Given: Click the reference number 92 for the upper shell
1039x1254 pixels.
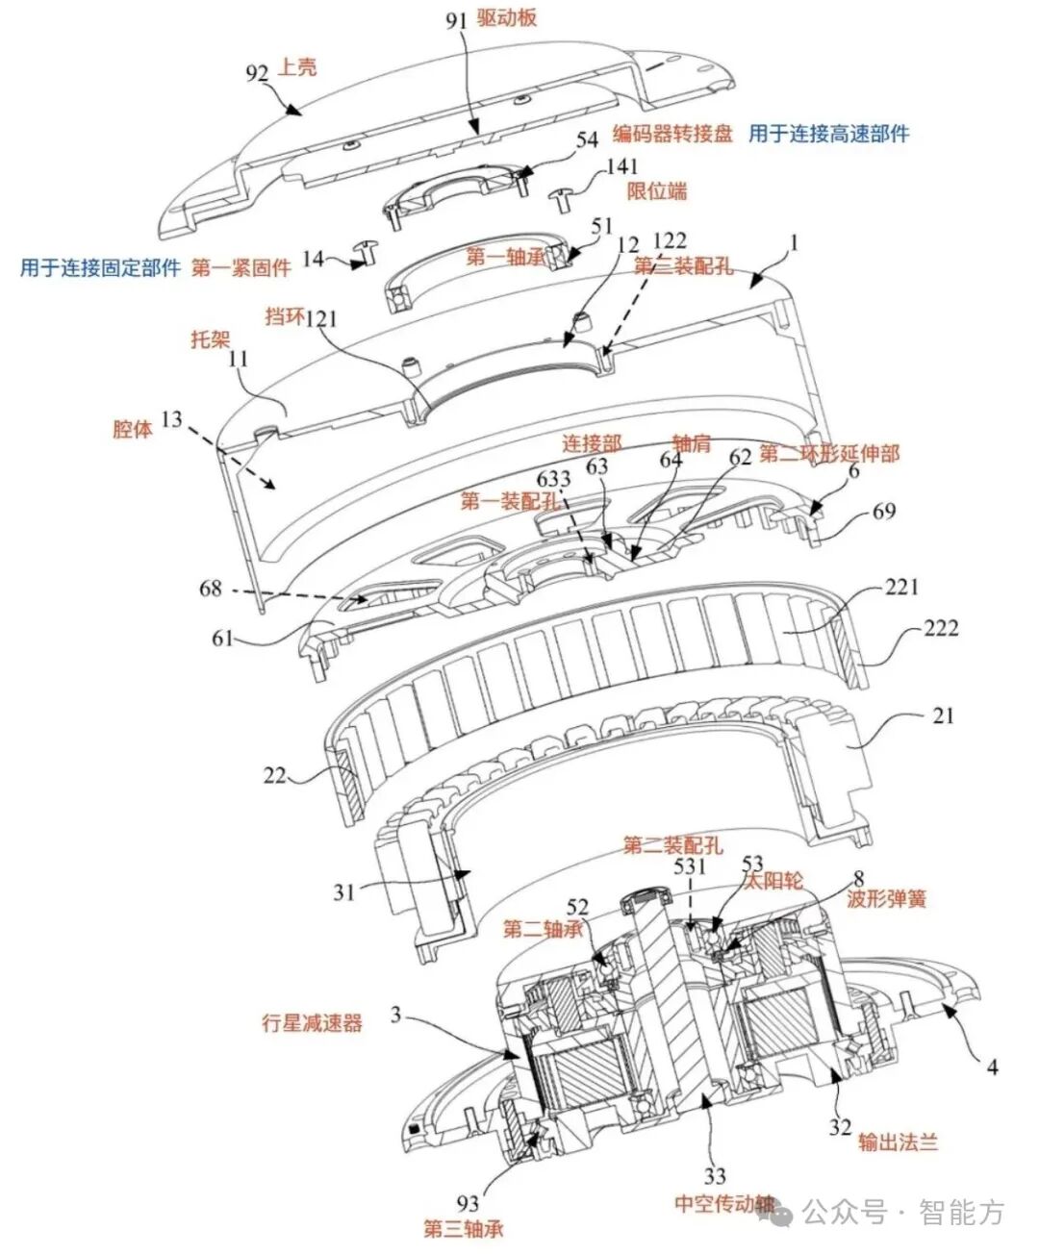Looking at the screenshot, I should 257,73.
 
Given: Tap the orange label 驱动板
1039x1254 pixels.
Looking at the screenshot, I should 506,17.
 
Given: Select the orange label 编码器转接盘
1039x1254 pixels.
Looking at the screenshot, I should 672,134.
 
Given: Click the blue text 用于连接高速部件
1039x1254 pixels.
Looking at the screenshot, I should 828,134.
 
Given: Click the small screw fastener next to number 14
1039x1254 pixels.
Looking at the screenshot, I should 364,251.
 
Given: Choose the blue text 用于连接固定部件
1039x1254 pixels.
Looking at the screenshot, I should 100,267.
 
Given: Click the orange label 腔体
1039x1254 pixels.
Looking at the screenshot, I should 132,429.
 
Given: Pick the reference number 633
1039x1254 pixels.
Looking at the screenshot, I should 553,478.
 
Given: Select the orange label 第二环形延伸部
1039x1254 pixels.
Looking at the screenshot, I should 829,452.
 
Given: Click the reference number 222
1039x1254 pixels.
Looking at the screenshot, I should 940,628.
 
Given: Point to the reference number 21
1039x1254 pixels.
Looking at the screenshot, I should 943,715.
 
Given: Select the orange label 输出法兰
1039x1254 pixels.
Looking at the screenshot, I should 898,1142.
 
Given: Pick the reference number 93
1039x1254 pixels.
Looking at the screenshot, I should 468,1203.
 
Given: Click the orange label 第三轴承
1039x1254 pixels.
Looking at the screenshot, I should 463,1228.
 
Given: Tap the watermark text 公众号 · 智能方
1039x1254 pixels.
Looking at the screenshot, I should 904,1212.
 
